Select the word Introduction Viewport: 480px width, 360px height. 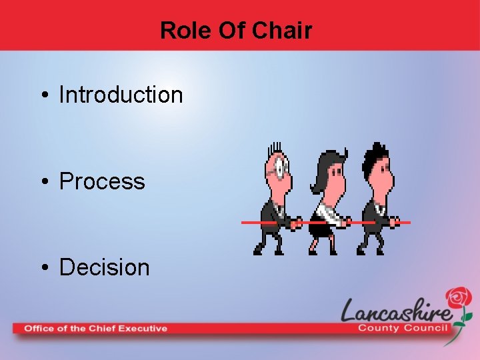click(121, 95)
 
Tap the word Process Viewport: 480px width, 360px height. click(102, 181)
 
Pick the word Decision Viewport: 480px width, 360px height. click(105, 267)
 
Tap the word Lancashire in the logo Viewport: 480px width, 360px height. click(397, 311)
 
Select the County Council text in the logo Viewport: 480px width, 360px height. click(405, 327)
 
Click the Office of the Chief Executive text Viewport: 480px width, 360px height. click(95, 328)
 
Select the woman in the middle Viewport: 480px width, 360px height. click(327, 203)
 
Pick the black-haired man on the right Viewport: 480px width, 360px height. click(377, 200)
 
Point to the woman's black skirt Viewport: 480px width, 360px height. click(321, 231)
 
